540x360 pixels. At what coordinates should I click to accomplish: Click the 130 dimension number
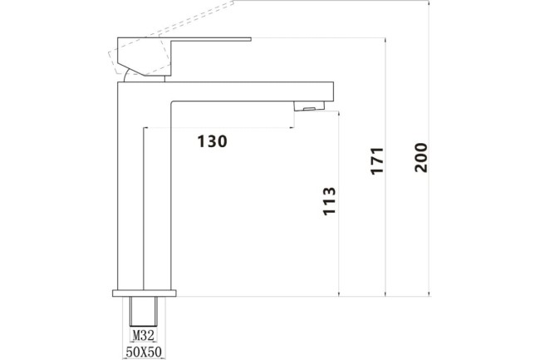coord(212,141)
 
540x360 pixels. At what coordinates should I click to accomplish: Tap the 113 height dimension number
coord(329,201)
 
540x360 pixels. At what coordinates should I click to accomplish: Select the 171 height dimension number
coord(376,160)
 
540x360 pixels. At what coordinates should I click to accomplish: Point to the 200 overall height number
coord(420,157)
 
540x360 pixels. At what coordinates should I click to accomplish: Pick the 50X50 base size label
coord(145,352)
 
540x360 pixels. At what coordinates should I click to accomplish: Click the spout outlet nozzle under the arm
coord(309,106)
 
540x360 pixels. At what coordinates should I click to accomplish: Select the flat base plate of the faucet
coord(145,293)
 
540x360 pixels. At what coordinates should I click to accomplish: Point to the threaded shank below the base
coord(145,312)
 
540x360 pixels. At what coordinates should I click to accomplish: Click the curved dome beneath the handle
coord(129,76)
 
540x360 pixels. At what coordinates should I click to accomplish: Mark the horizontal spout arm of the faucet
coord(249,91)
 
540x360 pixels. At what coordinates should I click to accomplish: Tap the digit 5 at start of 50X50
coord(129,352)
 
